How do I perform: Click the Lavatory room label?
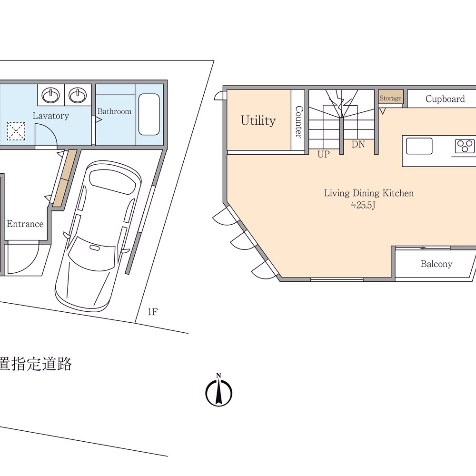pyautogui.click(x=51, y=116)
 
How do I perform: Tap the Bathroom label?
pyautogui.click(x=114, y=111)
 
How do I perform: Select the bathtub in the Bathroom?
pyautogui.click(x=149, y=114)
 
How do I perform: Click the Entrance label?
pyautogui.click(x=25, y=224)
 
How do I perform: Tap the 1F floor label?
pyautogui.click(x=153, y=312)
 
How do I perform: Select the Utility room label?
pyautogui.click(x=258, y=120)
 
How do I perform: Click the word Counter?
pyautogui.click(x=299, y=122)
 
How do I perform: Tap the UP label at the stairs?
pyautogui.click(x=324, y=154)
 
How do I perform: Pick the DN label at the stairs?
pyautogui.click(x=358, y=144)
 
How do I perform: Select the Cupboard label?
pyautogui.click(x=445, y=99)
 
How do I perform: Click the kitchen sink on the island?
pyautogui.click(x=419, y=146)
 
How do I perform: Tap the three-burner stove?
pyautogui.click(x=465, y=146)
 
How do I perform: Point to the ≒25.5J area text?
pyautogui.click(x=363, y=205)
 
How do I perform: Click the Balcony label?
pyautogui.click(x=436, y=264)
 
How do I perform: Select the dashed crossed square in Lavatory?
pyautogui.click(x=16, y=131)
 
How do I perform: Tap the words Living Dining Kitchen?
pyautogui.click(x=369, y=193)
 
